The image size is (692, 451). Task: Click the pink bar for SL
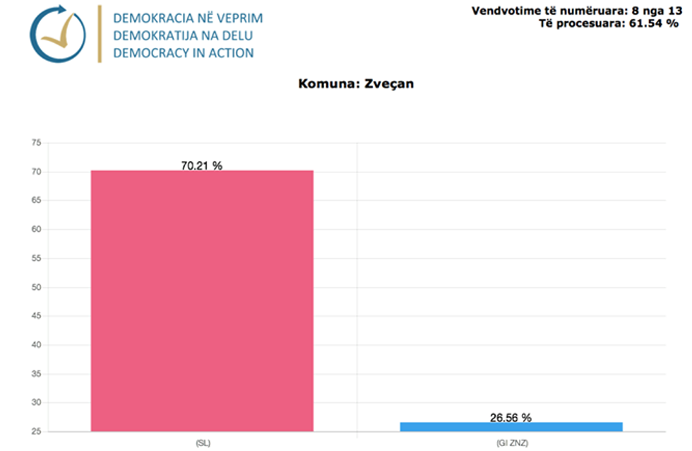click(x=202, y=300)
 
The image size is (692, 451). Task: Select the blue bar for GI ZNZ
click(x=511, y=426)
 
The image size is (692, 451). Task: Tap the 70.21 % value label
click(x=202, y=165)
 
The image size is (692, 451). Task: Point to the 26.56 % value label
click(x=511, y=418)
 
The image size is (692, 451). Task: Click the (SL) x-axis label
click(x=202, y=443)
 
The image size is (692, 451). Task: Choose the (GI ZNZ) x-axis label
click(x=511, y=443)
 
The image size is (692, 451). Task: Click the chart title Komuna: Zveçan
click(x=356, y=83)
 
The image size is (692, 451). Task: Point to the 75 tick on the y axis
click(x=36, y=143)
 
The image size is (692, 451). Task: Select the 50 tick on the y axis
click(x=36, y=287)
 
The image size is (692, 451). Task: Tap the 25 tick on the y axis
click(x=36, y=431)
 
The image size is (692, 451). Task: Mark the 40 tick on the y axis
click(x=36, y=345)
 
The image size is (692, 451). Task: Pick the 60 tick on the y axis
click(x=36, y=230)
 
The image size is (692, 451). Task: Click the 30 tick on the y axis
click(x=36, y=403)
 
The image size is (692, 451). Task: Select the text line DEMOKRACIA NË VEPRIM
click(x=188, y=17)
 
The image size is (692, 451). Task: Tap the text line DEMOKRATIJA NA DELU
click(x=183, y=35)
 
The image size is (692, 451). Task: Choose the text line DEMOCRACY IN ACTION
click(x=184, y=53)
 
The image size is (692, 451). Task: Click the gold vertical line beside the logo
click(x=100, y=34)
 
